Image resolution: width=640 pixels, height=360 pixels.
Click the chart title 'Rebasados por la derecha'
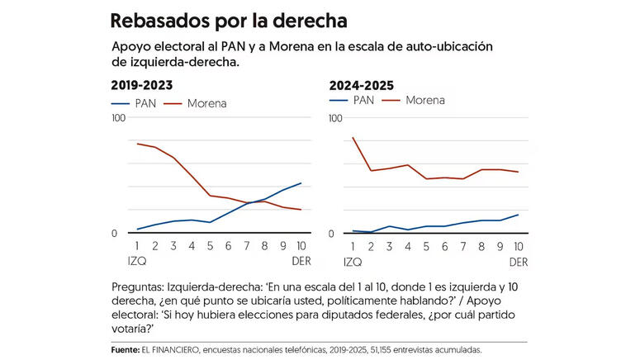tap(229, 19)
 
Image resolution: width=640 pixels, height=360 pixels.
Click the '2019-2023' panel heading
tap(142, 85)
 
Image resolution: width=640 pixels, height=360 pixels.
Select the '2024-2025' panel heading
tap(361, 85)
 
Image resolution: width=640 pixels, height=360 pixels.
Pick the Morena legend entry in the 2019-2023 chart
tap(195, 103)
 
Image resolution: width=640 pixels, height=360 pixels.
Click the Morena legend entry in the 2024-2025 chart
tap(412, 101)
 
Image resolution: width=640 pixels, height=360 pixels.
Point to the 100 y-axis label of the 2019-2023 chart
tap(118, 118)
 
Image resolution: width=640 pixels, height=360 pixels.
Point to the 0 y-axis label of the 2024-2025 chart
tap(332, 234)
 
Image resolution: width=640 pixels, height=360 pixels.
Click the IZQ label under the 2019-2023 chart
tap(137, 261)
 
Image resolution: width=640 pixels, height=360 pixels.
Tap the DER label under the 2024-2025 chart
tap(518, 262)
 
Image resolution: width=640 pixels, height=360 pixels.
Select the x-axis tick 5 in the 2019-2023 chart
tap(211, 246)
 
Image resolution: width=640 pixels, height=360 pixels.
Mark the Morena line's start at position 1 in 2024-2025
tap(353, 138)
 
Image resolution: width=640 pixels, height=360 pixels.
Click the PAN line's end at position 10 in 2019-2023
tap(301, 183)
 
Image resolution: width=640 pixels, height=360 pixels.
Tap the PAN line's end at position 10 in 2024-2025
tap(518, 215)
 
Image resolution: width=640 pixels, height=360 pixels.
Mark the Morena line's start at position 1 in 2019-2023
tap(137, 144)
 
